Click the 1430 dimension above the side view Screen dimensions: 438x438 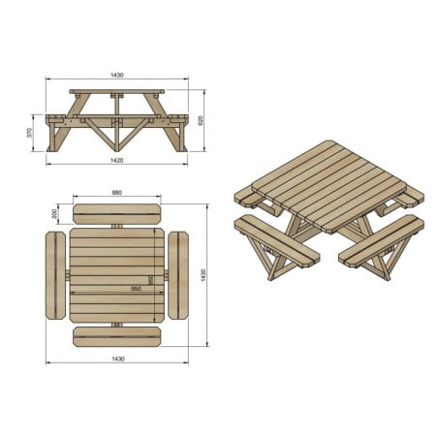pyautogui.click(x=116, y=75)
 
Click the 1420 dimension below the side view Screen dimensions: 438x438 pyautogui.click(x=116, y=160)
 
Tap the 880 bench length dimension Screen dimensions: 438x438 pyautogui.click(x=116, y=192)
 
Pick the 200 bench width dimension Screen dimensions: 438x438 pyautogui.click(x=55, y=213)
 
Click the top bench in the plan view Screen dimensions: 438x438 pyautogui.click(x=116, y=212)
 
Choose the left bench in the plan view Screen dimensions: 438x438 pyautogui.click(x=54, y=275)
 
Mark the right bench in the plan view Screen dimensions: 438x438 pyautogui.click(x=178, y=275)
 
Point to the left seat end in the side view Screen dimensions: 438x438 pyautogui.click(x=55, y=119)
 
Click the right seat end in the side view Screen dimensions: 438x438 pyautogui.click(x=177, y=119)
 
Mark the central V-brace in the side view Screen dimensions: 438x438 pyautogui.click(x=116, y=131)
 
